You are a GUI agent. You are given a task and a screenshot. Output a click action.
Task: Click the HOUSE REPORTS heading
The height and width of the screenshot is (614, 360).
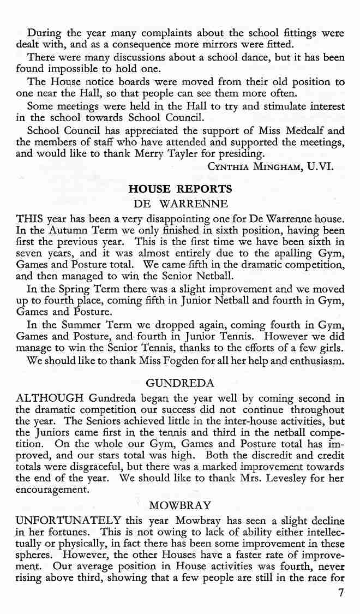coord(179,189)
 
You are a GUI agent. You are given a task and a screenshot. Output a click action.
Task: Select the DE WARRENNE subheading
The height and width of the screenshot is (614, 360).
coord(181,205)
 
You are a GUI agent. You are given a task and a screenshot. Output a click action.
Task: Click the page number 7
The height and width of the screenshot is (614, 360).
coord(341,594)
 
